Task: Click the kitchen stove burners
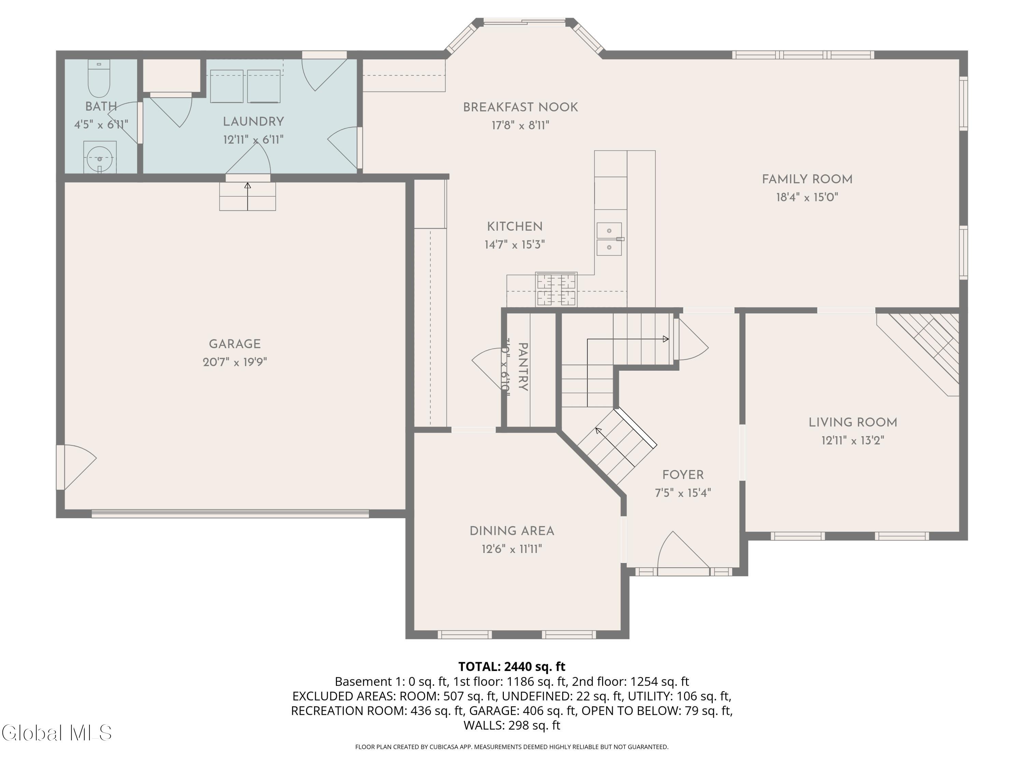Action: pyautogui.click(x=556, y=289)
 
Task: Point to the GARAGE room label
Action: pyautogui.click(x=235, y=344)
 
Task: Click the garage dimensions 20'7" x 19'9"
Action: pyautogui.click(x=235, y=362)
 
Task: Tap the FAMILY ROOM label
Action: pyautogui.click(x=807, y=179)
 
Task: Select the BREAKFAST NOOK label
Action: pyautogui.click(x=520, y=108)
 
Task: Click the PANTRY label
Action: pyautogui.click(x=523, y=367)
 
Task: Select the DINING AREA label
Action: pyautogui.click(x=512, y=531)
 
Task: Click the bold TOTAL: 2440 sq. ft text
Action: pyautogui.click(x=512, y=666)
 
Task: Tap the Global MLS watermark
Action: pyautogui.click(x=56, y=733)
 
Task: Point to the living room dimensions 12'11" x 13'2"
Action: pyautogui.click(x=853, y=440)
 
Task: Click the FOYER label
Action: pyautogui.click(x=683, y=475)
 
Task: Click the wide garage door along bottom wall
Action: pyautogui.click(x=230, y=513)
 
